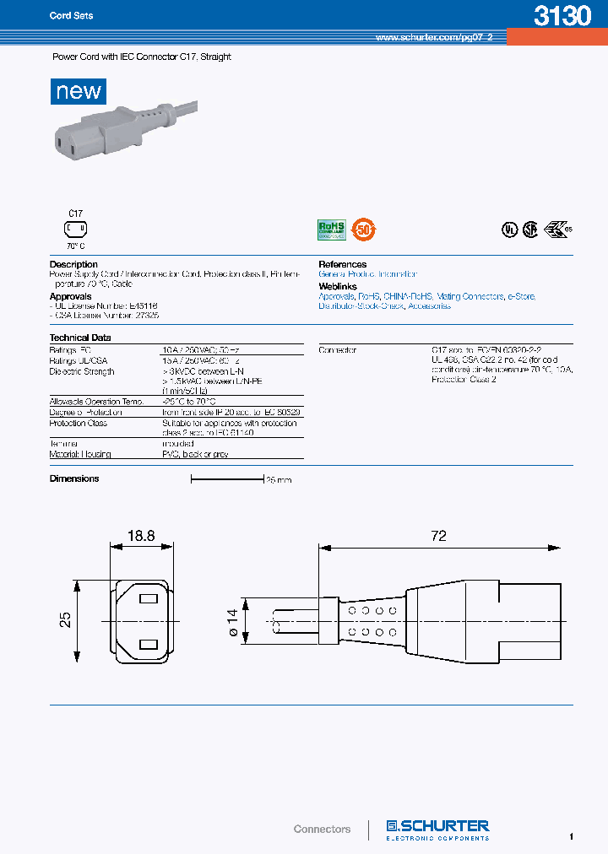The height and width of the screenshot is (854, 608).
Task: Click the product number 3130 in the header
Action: click(562, 16)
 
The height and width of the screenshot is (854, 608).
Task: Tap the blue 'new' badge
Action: click(79, 91)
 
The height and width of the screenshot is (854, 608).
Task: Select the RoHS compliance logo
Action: click(329, 229)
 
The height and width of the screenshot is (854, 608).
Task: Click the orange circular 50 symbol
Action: click(364, 229)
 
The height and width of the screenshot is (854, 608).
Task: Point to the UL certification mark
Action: click(508, 230)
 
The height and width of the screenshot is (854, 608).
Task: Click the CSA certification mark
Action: click(529, 230)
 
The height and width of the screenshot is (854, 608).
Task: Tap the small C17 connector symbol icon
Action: click(75, 229)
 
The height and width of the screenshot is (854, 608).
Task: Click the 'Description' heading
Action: click(73, 265)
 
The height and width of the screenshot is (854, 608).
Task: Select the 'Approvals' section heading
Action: click(70, 297)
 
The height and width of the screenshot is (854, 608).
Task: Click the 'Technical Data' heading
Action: click(80, 338)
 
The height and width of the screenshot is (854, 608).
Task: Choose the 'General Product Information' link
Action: click(367, 274)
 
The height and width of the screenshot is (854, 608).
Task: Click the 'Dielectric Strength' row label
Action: click(82, 371)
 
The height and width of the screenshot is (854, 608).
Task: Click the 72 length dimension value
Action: click(438, 536)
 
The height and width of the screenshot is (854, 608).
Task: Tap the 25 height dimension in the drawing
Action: click(65, 619)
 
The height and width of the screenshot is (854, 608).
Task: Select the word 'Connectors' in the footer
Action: click(322, 829)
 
